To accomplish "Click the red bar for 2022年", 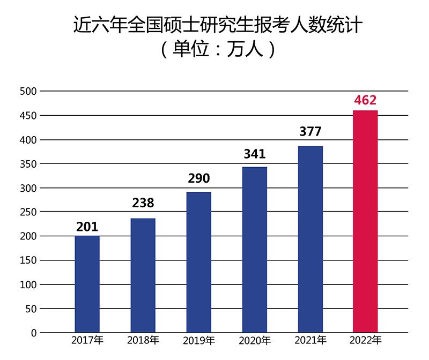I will coord(365,221).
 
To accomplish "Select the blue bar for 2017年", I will coord(87,284).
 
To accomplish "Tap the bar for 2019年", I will coord(198,262).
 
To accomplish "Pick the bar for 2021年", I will coord(310,239).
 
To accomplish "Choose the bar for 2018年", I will coord(143,275).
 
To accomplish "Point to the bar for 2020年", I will coord(254,250).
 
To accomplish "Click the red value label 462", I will coord(365,100).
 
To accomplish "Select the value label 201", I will coord(87,227).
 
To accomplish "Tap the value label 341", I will coord(254,155).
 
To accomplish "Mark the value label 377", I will coord(310,133).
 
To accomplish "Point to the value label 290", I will coord(198,178).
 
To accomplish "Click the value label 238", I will coord(143,203).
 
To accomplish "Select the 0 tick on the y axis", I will coord(33,333).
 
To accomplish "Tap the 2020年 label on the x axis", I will coord(254,340).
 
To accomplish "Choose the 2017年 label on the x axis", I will coord(87,340).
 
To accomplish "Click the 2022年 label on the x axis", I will coord(365,340).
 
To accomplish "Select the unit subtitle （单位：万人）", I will coord(214,51).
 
